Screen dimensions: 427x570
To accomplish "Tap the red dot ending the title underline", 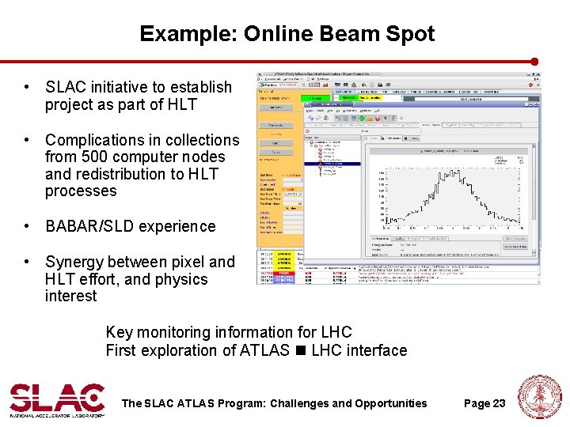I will (534, 61).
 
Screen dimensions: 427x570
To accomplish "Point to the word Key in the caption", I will (119, 333).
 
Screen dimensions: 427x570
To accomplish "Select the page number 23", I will (498, 403).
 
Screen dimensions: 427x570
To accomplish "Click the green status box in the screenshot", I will (315, 99).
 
